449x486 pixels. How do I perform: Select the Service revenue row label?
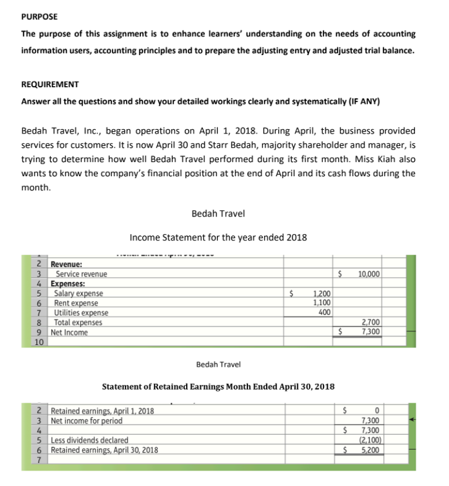click(81, 274)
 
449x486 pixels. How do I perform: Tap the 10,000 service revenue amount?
click(370, 274)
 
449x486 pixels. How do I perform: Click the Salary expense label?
click(79, 293)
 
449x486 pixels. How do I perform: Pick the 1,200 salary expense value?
click(322, 293)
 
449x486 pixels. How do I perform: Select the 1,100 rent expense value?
click(322, 303)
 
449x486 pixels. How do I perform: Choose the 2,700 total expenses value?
click(372, 322)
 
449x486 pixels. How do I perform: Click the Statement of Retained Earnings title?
click(218, 386)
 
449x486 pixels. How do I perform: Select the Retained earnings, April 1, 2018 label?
click(102, 411)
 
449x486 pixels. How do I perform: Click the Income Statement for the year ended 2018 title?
click(218, 237)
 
